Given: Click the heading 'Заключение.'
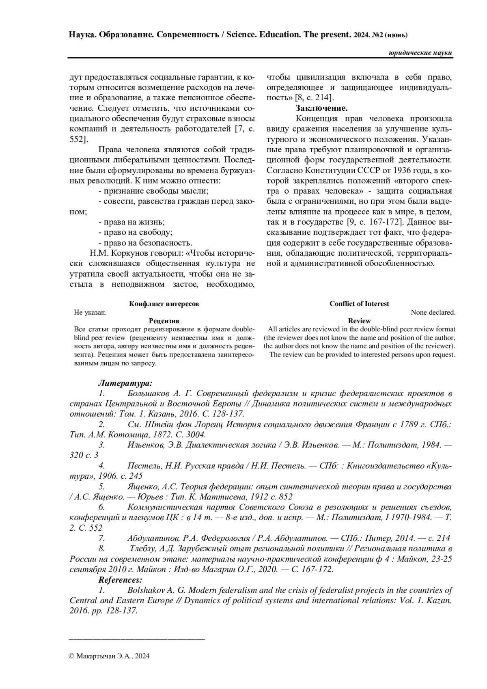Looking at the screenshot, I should (321, 108).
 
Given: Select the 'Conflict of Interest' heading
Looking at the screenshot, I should (359, 304).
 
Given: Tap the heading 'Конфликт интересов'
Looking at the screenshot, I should (164, 304).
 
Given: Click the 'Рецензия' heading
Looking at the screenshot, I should (164, 321).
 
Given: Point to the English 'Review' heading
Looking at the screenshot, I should (359, 321).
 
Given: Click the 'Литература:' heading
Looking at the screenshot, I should (125, 383).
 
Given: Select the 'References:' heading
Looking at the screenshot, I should (120, 579).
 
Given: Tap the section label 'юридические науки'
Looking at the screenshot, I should (420, 53).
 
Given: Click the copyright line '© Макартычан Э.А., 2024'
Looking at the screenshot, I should (110, 656).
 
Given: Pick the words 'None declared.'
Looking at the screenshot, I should (433, 312).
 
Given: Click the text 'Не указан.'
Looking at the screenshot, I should (90, 312).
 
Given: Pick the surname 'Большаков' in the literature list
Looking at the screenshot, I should (147, 393).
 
